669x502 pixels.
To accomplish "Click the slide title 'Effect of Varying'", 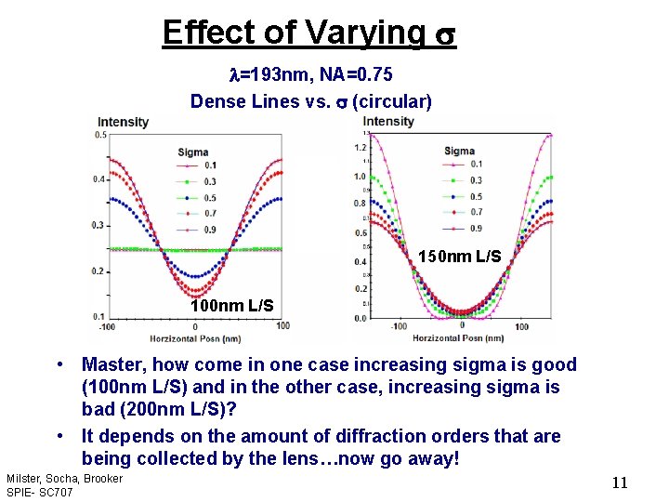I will click(293, 32).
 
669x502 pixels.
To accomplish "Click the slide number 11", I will click(621, 482).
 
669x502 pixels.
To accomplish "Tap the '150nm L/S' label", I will click(459, 256).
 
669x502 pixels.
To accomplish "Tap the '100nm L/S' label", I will click(231, 305).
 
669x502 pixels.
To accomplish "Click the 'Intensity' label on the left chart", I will click(123, 122).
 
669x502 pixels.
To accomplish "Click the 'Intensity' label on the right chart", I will click(388, 122).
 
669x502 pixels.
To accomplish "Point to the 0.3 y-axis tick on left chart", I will click(98, 226).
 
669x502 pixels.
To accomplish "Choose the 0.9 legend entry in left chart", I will click(200, 229).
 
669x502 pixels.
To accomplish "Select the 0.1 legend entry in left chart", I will click(200, 165).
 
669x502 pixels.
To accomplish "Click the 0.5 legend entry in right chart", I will click(476, 197).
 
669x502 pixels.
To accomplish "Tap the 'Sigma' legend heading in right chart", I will click(459, 151).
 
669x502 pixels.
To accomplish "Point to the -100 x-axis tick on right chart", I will click(399, 327).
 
